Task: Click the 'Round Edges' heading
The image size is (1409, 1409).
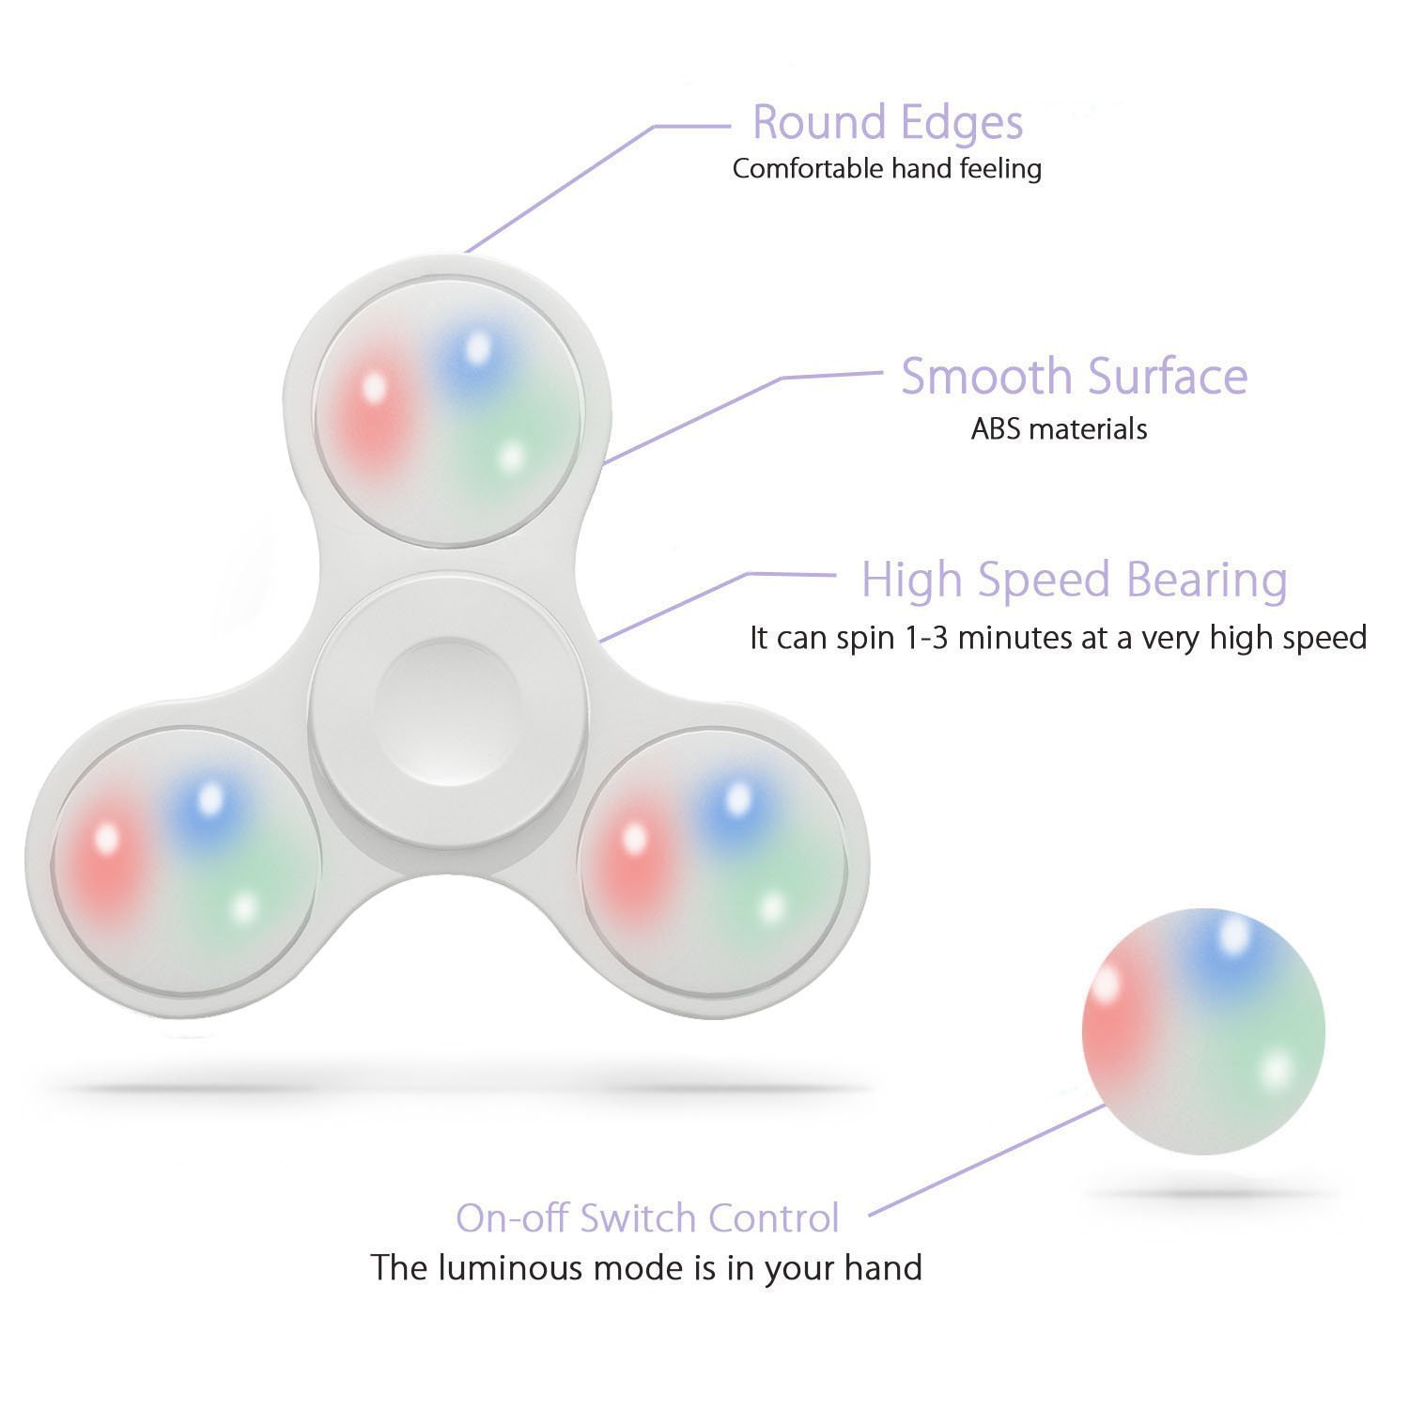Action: point(887,123)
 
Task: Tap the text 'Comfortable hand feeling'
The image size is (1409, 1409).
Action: point(887,169)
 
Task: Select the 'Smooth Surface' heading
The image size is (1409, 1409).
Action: point(1074,377)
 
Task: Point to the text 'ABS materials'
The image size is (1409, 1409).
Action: point(1059,429)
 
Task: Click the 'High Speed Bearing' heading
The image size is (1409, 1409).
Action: point(1074,580)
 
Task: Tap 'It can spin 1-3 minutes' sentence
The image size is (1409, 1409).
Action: point(1058,638)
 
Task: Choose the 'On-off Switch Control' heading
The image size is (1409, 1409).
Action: point(647,1218)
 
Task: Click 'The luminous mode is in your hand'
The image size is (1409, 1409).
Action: point(646,1268)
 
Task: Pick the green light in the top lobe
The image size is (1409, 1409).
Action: point(510,457)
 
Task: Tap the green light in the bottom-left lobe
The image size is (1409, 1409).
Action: point(244,907)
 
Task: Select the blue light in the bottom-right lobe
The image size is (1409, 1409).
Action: point(738,798)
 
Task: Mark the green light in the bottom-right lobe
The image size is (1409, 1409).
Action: point(771,907)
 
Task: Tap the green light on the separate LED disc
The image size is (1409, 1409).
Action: point(1275,1069)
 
